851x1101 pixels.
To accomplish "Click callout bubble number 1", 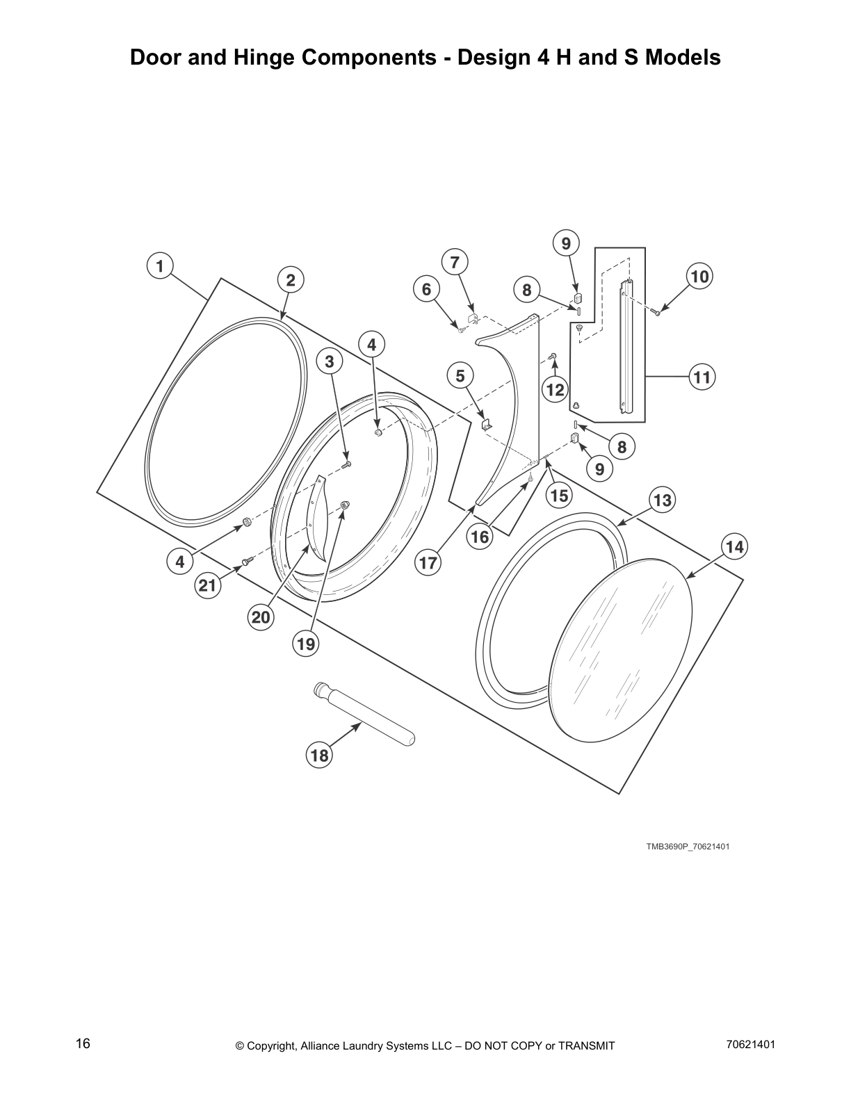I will coord(160,266).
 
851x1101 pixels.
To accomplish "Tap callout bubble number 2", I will coord(291,280).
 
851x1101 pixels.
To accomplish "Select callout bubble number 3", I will coord(330,361).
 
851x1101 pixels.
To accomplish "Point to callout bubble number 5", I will coord(460,377).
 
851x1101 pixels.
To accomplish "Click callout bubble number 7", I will coord(455,263).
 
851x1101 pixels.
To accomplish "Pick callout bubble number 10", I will coord(699,277).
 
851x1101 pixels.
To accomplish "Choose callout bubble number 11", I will coord(702,377).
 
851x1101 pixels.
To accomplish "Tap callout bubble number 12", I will coord(555,389).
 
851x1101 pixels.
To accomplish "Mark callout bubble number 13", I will coord(663,500).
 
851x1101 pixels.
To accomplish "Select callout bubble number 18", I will coord(319,755).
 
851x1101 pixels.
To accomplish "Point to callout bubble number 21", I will coord(207,586).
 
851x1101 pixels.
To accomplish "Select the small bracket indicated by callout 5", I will coord(487,423).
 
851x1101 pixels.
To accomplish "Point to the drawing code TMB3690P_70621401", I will coord(687,847).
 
